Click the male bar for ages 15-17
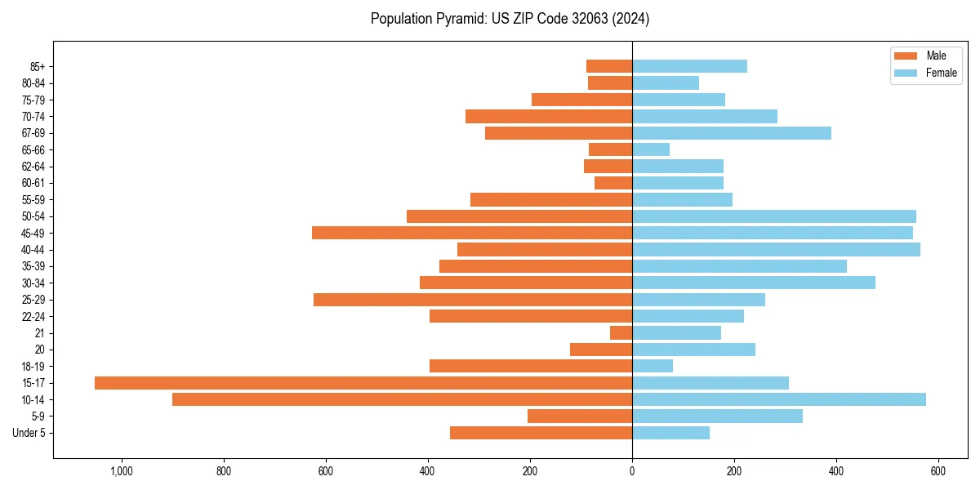point(363,383)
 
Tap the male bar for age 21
point(621,333)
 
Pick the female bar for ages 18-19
point(653,366)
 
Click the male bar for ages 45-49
point(472,233)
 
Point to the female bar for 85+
point(689,66)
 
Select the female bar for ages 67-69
point(732,133)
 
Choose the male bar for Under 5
point(541,433)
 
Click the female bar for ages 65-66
point(651,149)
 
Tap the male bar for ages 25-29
point(473,300)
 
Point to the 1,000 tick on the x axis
point(122,471)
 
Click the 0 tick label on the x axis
point(632,471)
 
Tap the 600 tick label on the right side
point(938,471)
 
